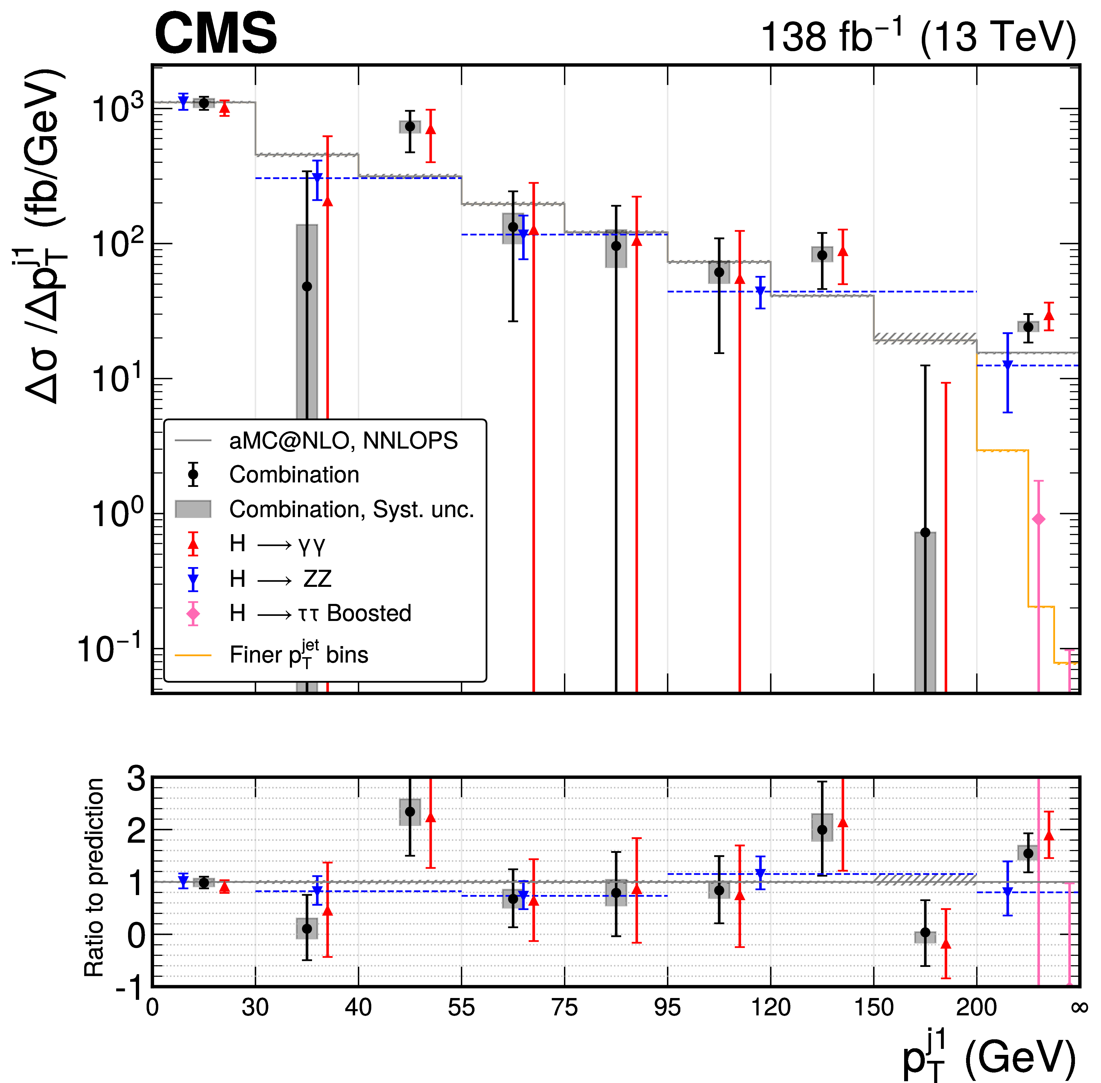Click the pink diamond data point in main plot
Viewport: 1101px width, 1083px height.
(x=1038, y=519)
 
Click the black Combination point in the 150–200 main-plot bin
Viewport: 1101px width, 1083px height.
(x=925, y=532)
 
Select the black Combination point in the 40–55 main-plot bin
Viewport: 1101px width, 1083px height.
(x=410, y=126)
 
